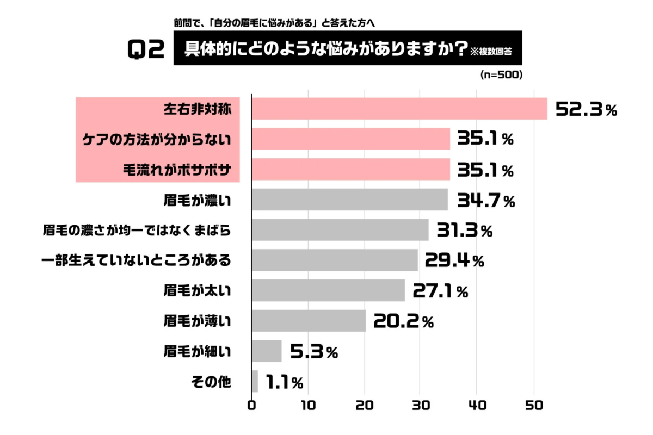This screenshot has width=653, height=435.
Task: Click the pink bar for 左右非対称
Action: (x=399, y=109)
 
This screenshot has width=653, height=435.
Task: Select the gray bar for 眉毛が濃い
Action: (x=349, y=200)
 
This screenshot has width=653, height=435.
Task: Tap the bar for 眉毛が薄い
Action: (x=309, y=321)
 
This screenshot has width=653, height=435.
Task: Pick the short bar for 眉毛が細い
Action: (x=267, y=351)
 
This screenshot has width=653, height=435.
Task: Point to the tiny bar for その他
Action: (x=255, y=382)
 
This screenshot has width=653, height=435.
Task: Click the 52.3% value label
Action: (x=586, y=110)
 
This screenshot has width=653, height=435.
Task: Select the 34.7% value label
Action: (x=485, y=201)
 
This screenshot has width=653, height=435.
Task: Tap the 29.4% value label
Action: (x=454, y=262)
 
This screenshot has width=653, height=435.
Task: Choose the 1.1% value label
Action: (x=285, y=383)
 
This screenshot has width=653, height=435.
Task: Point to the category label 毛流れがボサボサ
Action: (x=177, y=170)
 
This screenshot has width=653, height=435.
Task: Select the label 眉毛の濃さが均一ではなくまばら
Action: (x=137, y=231)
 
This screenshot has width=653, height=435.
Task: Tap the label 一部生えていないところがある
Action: (x=137, y=261)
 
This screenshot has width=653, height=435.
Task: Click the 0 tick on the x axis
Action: (x=251, y=405)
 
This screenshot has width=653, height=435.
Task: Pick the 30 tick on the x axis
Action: (x=420, y=405)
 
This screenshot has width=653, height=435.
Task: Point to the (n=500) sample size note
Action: (x=501, y=75)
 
